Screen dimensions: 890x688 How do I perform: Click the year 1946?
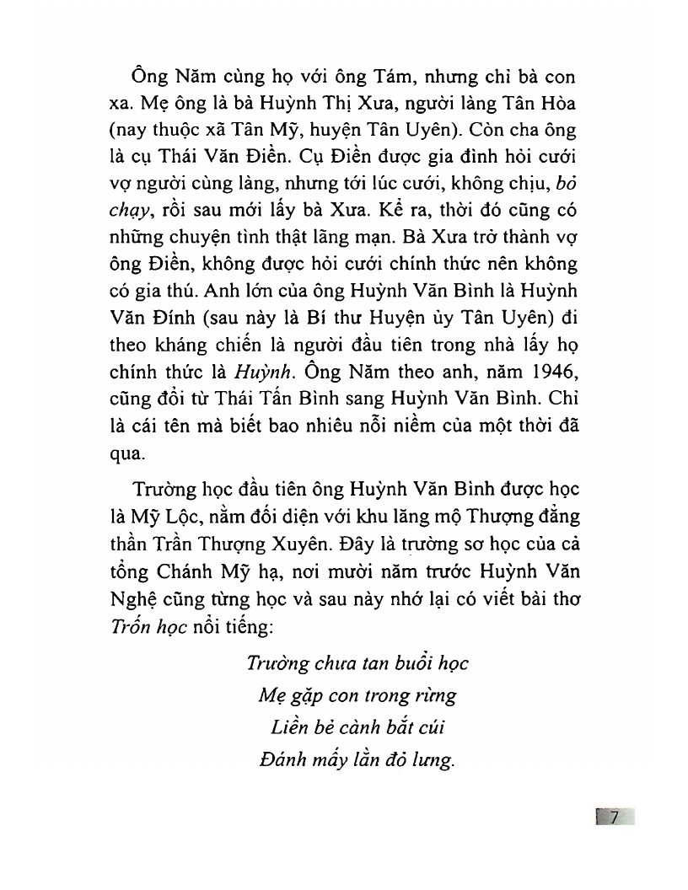tap(547, 373)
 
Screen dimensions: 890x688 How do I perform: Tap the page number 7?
tap(615, 817)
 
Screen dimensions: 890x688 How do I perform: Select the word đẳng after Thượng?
tap(557, 516)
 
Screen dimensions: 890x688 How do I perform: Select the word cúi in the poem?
tap(427, 727)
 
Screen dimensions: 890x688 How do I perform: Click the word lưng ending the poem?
tap(433, 760)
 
